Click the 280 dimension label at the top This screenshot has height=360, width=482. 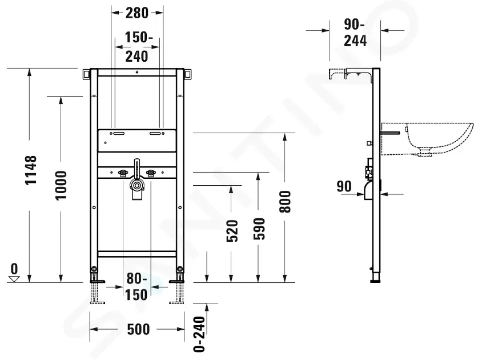(137, 13)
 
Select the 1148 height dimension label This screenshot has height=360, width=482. (31, 170)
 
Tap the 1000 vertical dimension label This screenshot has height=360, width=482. (61, 186)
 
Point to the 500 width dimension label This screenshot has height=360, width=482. (138, 329)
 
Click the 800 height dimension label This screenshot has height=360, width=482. (285, 202)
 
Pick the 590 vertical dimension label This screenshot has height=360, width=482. (259, 229)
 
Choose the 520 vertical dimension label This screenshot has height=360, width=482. (232, 231)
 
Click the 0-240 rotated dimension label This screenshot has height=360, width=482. (199, 334)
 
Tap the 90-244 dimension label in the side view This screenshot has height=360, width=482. (355, 33)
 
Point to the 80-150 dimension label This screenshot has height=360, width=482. (137, 287)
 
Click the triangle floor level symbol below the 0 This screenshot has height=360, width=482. (14, 279)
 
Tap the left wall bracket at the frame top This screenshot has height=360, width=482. (86, 75)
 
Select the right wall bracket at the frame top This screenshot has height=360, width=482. (188, 75)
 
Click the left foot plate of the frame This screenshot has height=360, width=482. (97, 281)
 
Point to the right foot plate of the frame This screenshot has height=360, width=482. (176, 281)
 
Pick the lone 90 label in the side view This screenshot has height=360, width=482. (344, 186)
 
